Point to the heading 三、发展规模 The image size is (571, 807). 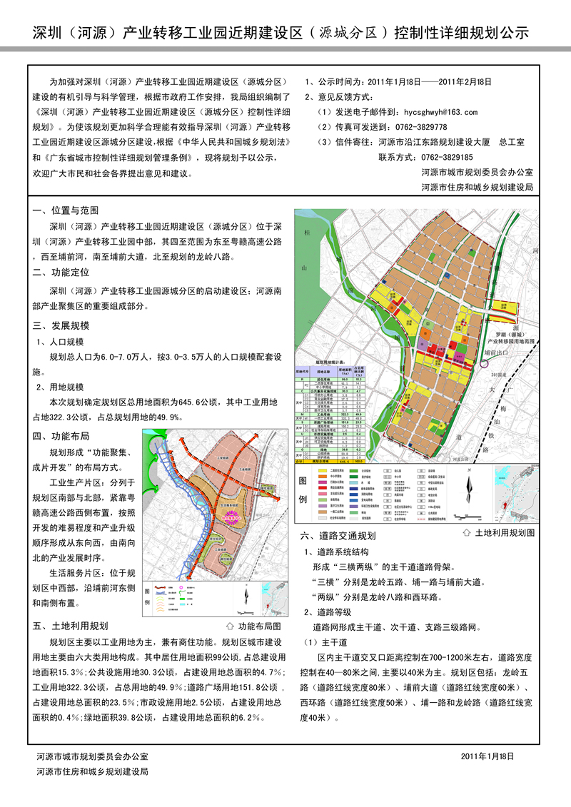[61, 325]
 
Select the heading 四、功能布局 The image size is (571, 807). [61, 436]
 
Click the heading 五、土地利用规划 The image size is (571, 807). [71, 626]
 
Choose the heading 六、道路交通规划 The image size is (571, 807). [343, 535]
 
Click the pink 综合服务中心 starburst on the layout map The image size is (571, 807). [230, 531]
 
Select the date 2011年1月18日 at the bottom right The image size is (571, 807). [487, 756]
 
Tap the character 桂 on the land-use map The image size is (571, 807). [308, 233]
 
